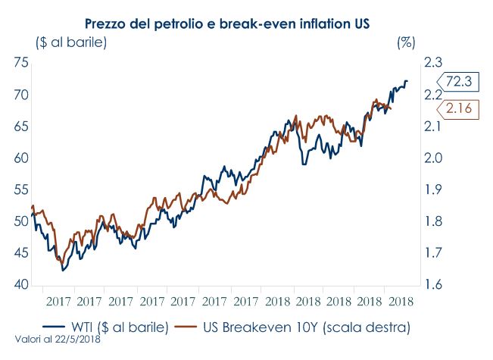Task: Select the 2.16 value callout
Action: click(x=458, y=109)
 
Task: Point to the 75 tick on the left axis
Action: click(x=21, y=63)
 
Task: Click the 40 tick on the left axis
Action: click(x=21, y=285)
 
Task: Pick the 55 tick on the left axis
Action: click(x=21, y=190)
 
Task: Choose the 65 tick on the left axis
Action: click(x=21, y=127)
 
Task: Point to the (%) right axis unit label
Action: click(x=406, y=42)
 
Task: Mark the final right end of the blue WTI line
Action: click(x=407, y=81)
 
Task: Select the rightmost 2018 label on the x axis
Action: click(x=400, y=301)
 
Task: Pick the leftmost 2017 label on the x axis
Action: click(x=59, y=301)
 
